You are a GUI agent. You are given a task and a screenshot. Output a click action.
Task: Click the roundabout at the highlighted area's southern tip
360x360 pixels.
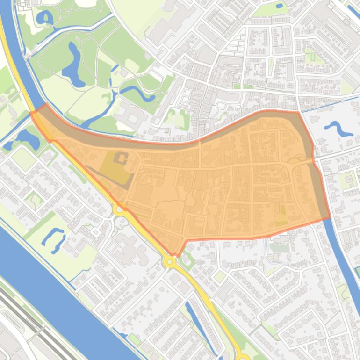pyautogui.click(x=169, y=262)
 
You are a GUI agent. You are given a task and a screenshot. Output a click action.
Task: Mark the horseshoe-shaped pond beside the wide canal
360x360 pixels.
pyautogui.click(x=54, y=238)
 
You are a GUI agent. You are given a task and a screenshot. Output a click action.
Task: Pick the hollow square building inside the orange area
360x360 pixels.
pyautogui.click(x=121, y=158)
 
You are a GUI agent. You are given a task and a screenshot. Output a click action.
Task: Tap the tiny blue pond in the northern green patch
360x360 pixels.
pyautogui.click(x=279, y=6)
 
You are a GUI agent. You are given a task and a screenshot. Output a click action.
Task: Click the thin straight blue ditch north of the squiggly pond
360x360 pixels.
pyautogui.click(x=330, y=100)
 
